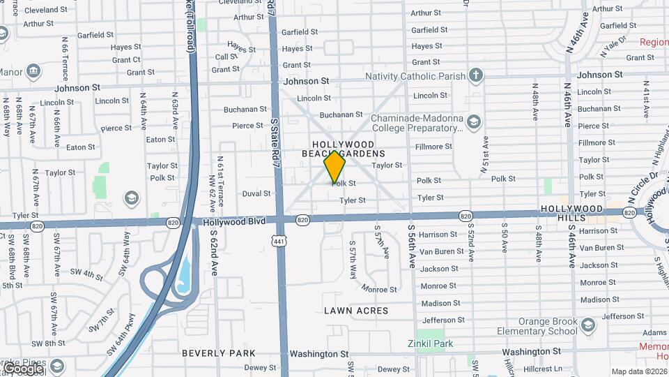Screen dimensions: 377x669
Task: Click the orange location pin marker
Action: (x=335, y=165)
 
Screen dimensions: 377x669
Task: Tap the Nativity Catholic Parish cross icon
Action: (x=476, y=75)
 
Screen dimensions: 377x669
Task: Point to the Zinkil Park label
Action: (x=430, y=343)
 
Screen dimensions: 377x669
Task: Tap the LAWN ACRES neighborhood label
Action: (x=356, y=310)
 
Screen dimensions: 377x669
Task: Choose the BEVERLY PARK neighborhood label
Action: (x=219, y=353)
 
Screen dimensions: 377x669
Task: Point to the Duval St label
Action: (x=256, y=193)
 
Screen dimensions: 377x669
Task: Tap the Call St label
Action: (x=226, y=57)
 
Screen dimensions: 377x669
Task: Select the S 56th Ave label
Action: (x=412, y=248)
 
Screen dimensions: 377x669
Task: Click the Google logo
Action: (x=23, y=367)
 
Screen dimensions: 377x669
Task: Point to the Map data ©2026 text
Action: (x=638, y=371)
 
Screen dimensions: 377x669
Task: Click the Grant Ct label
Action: (x=126, y=60)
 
